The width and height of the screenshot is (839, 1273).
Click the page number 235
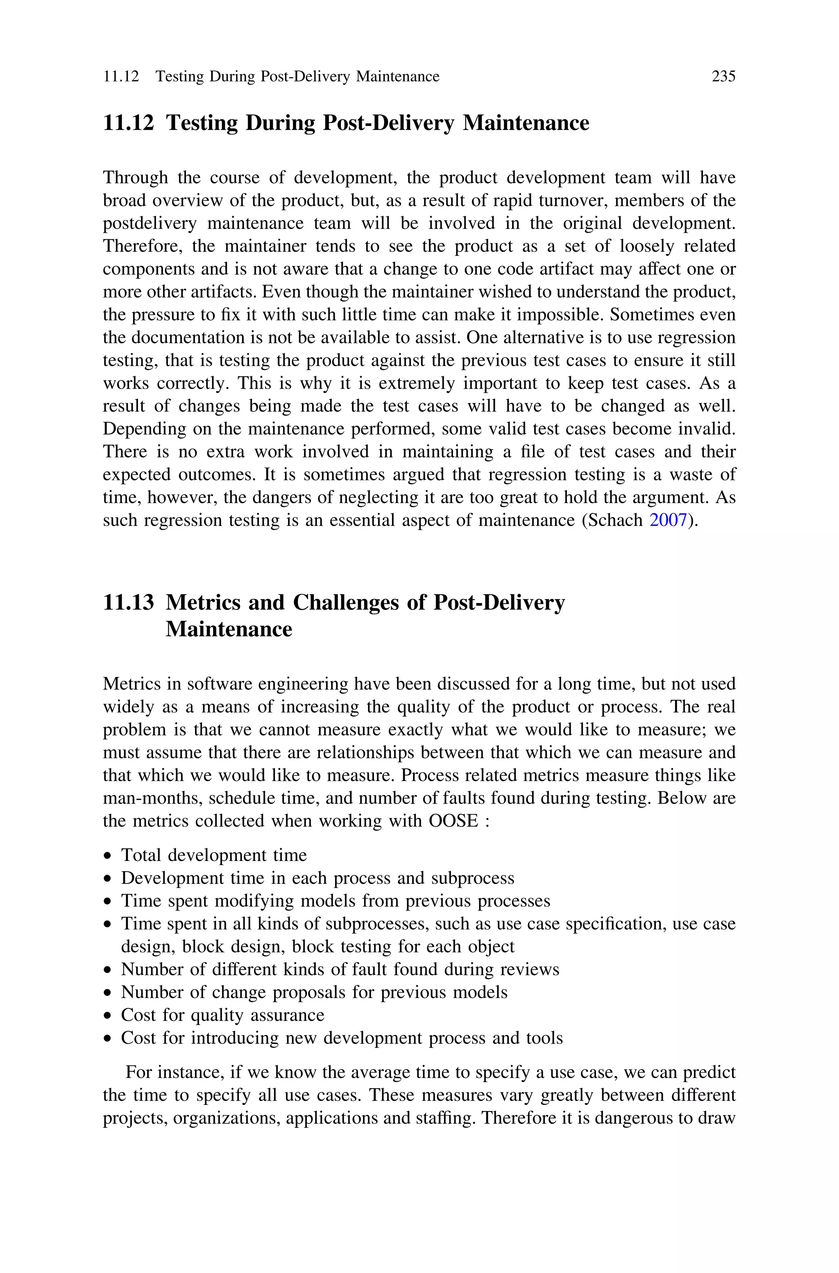tap(723, 77)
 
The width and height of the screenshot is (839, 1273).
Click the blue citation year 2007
tap(667, 520)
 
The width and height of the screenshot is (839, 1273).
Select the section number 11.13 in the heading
tap(128, 603)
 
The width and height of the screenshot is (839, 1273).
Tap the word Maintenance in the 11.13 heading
tap(229, 629)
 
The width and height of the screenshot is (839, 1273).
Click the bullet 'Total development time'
tap(213, 856)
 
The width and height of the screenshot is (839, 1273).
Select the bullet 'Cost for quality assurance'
tap(222, 1015)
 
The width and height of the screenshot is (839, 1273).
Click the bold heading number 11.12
tap(128, 123)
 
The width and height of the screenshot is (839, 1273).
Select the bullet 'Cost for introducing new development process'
tap(341, 1038)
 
